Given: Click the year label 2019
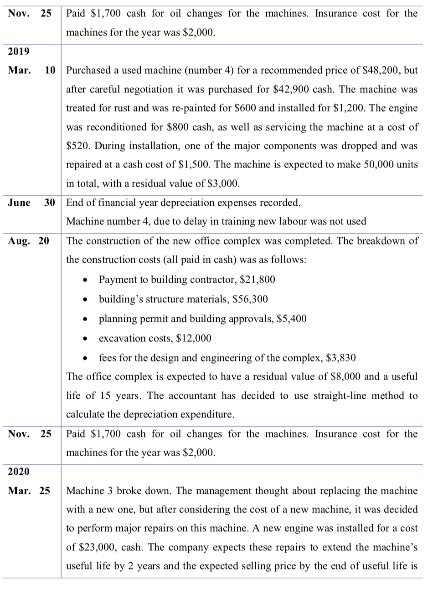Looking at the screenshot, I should [x=19, y=51].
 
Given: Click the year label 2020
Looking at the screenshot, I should [x=19, y=472].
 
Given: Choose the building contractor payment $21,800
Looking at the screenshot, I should [x=257, y=279].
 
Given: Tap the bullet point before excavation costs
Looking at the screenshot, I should [x=86, y=339].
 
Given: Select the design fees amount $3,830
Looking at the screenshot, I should [x=341, y=358].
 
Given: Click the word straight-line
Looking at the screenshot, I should [x=329, y=396].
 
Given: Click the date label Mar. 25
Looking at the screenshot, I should [x=28, y=491].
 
